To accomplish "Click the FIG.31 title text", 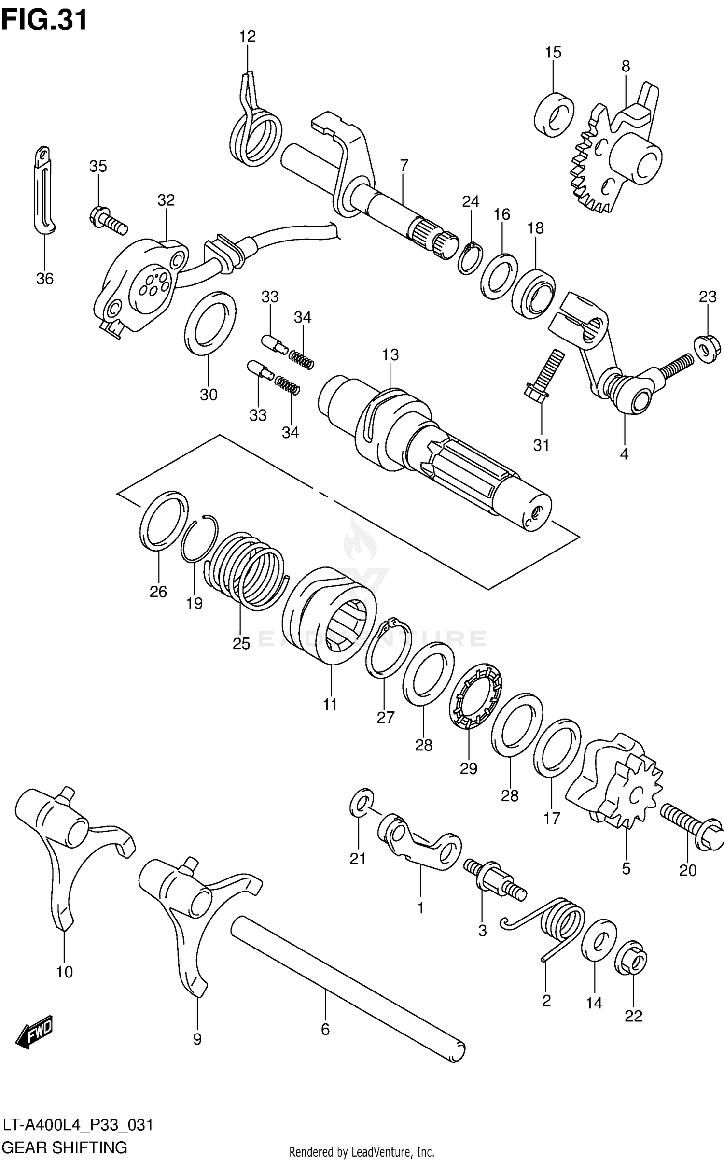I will (x=44, y=20).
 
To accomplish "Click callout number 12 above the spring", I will (x=247, y=37).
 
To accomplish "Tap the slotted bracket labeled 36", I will (x=44, y=191).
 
